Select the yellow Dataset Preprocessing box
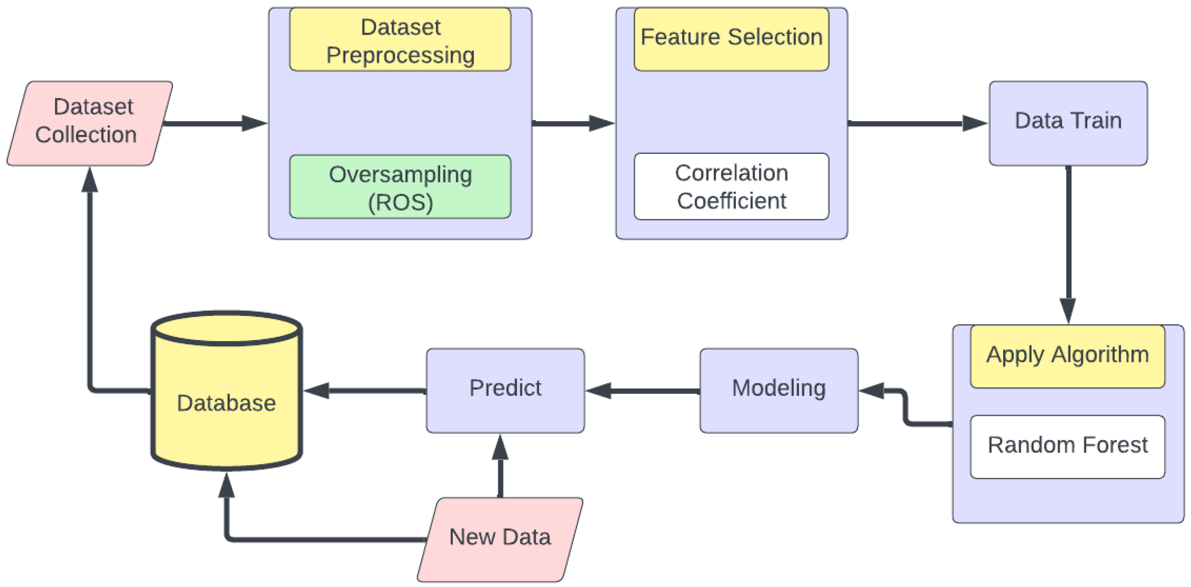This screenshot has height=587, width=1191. pyautogui.click(x=400, y=40)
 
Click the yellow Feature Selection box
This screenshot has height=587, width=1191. pyautogui.click(x=731, y=39)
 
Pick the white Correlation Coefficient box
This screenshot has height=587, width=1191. pyautogui.click(x=731, y=186)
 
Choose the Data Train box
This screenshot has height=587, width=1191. pyautogui.click(x=1067, y=123)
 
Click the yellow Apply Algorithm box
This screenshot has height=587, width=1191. pyautogui.click(x=1067, y=356)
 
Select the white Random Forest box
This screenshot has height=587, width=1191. pyautogui.click(x=1067, y=446)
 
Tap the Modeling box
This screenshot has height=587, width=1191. pyautogui.click(x=778, y=390)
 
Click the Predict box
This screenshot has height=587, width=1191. pyautogui.click(x=505, y=390)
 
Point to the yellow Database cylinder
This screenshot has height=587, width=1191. pyautogui.click(x=226, y=402)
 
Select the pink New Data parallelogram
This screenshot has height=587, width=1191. pyautogui.click(x=499, y=539)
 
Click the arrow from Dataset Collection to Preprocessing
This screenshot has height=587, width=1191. pyautogui.click(x=213, y=123)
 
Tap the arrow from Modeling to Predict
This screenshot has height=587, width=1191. pyautogui.click(x=643, y=391)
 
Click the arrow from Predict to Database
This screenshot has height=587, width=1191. pyautogui.click(x=365, y=391)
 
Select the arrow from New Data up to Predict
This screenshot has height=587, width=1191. pyautogui.click(x=500, y=467)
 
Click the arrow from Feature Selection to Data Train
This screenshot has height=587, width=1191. pyautogui.click(x=916, y=123)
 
